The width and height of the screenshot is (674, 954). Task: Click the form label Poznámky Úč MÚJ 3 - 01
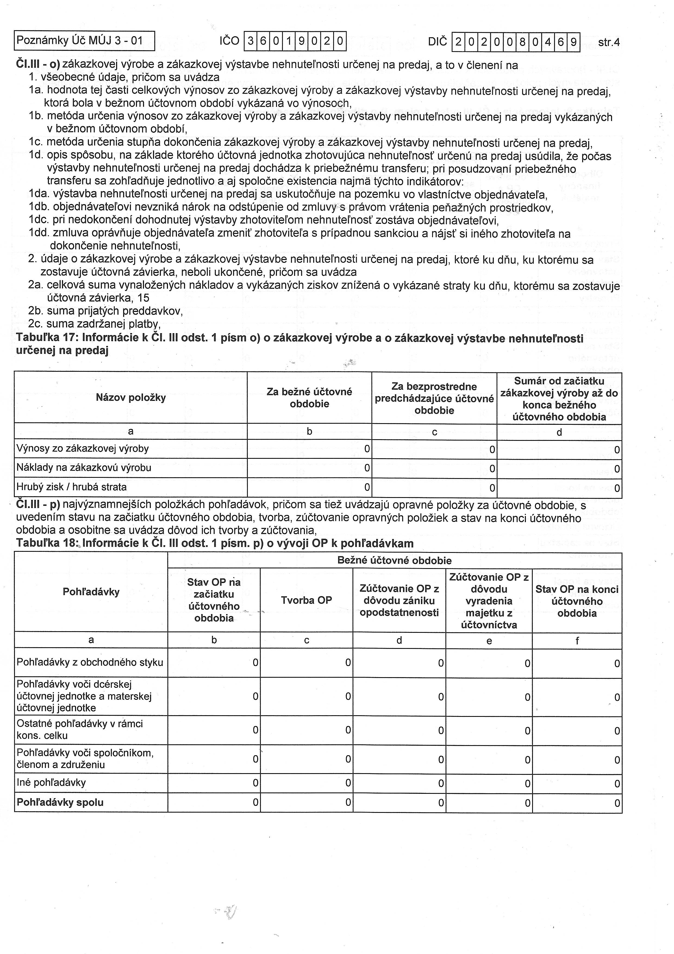[x=79, y=41]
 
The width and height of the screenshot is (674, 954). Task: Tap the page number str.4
[x=609, y=42]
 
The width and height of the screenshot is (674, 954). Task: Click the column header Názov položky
[x=131, y=397]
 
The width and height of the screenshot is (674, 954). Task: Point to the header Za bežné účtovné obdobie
[x=309, y=397]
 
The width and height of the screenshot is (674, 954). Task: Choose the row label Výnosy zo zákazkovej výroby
[x=83, y=448]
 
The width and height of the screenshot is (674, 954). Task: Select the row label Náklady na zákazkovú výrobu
[x=84, y=467]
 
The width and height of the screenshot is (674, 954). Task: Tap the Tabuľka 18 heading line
[x=215, y=543]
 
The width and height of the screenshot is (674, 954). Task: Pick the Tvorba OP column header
[x=307, y=600]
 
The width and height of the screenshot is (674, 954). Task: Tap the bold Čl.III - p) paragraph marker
[x=38, y=505]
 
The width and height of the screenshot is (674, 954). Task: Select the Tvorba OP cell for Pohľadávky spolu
[x=307, y=802]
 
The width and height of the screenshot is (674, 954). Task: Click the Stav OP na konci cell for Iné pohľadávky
[x=577, y=783]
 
